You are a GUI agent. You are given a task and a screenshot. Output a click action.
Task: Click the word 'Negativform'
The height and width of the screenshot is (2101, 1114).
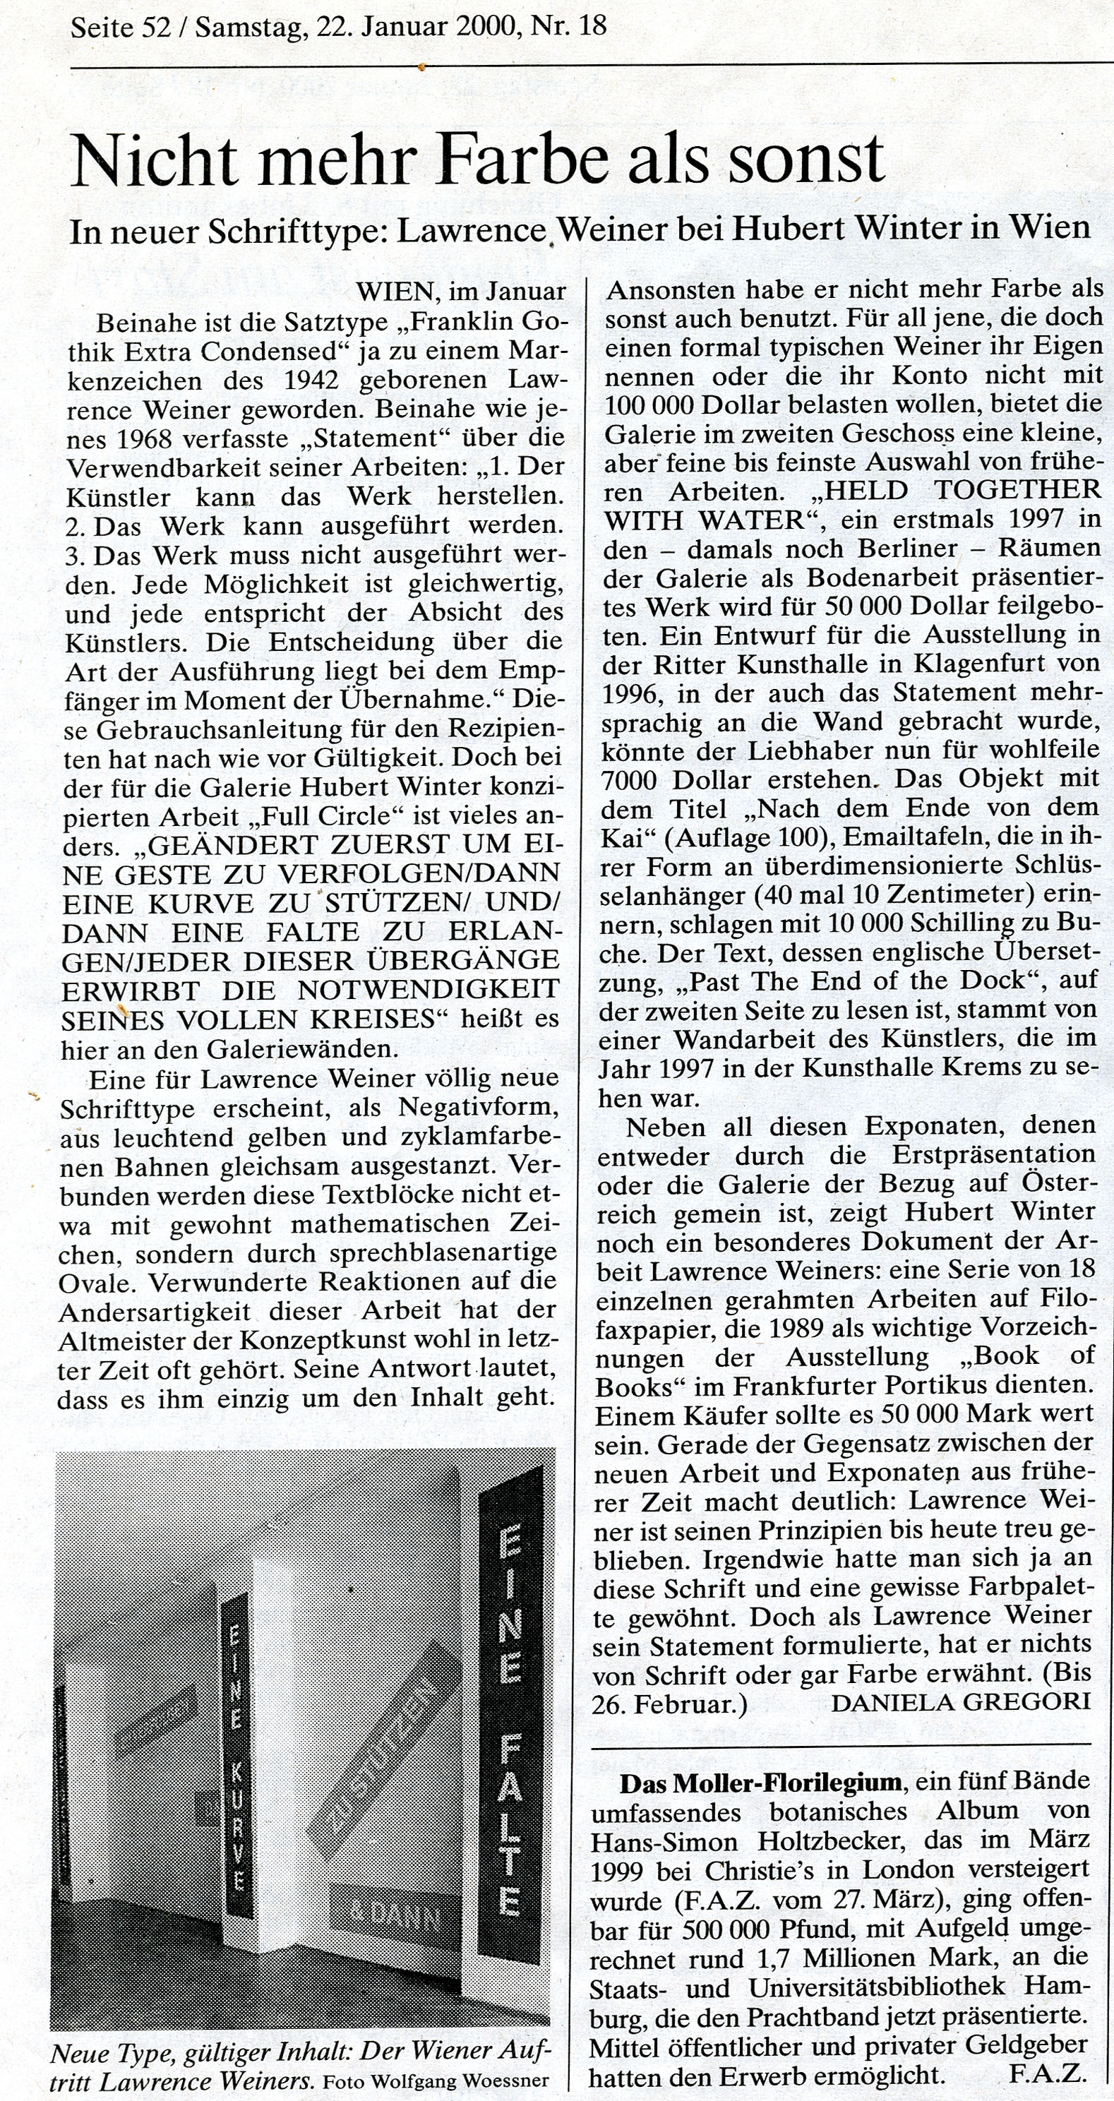479,1108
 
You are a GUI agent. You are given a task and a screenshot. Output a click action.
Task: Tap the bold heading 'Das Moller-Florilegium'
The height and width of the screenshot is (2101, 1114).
760,1782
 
